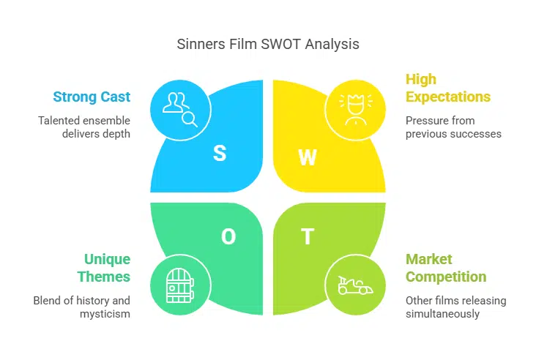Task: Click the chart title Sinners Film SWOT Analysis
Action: (x=268, y=44)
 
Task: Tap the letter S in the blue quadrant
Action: (x=220, y=153)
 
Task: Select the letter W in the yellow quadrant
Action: (x=308, y=157)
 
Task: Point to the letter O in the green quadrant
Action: (x=228, y=236)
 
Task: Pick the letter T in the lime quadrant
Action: (x=308, y=236)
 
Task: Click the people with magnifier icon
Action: (x=180, y=108)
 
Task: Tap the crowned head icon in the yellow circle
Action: (x=355, y=108)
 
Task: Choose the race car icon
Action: (x=355, y=285)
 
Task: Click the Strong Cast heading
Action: (x=92, y=97)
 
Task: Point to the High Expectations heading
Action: (x=447, y=88)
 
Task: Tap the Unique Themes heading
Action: (x=106, y=268)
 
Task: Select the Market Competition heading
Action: (x=446, y=268)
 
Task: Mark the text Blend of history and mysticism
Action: (x=81, y=307)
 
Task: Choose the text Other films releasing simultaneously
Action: (x=455, y=307)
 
